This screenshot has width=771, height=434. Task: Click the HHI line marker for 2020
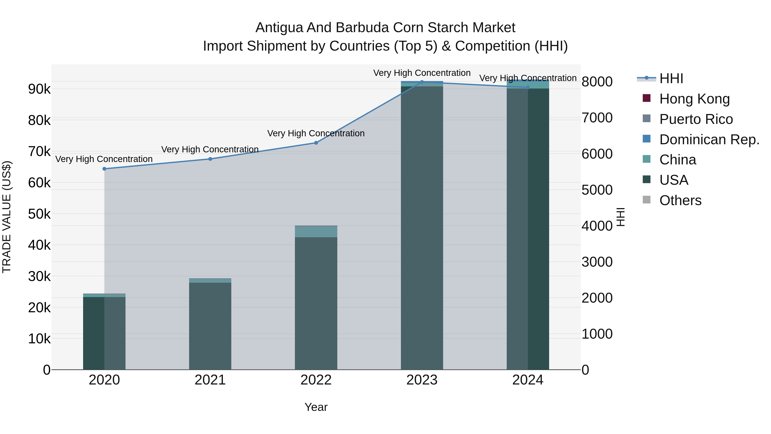(x=104, y=169)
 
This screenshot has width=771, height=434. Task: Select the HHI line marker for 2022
(x=316, y=143)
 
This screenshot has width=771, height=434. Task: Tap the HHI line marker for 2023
(x=422, y=82)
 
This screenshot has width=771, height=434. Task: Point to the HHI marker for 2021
(x=210, y=159)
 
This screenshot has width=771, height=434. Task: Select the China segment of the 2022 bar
(x=316, y=231)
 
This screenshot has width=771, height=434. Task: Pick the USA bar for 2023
(x=422, y=228)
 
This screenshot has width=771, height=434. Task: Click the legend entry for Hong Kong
(x=694, y=99)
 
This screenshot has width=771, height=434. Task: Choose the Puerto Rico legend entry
(x=696, y=119)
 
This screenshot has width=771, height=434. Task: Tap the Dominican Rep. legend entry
(x=709, y=140)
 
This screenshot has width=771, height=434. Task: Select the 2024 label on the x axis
(x=528, y=380)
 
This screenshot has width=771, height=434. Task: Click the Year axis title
(x=316, y=407)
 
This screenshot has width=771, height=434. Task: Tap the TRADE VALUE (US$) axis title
(x=7, y=217)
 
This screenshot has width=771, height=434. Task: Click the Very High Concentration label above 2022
(x=316, y=133)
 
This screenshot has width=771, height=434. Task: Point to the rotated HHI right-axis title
(x=621, y=217)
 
